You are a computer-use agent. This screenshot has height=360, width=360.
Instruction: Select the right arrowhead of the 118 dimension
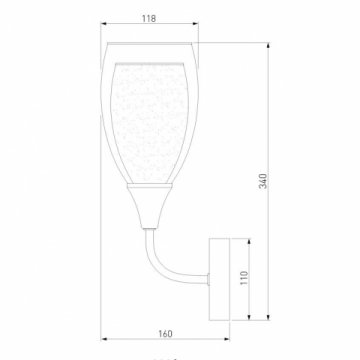(x=194, y=30)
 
